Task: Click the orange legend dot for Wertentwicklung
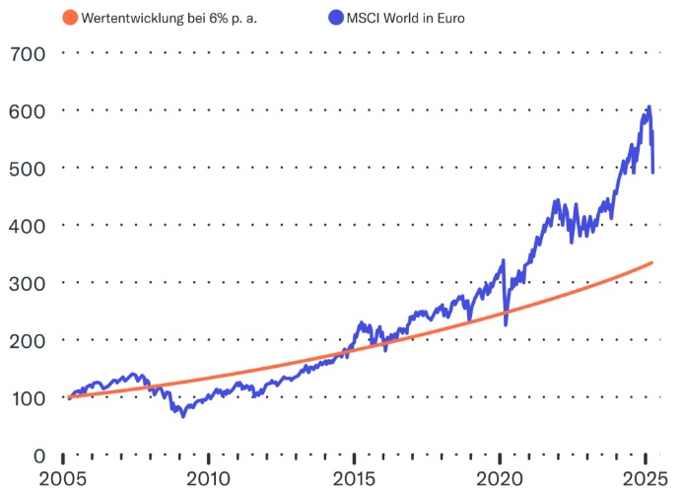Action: pos(69,18)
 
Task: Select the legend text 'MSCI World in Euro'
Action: pos(404,18)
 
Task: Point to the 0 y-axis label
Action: pos(37,456)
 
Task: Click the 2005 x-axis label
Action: pos(61,480)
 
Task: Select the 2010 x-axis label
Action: pos(208,480)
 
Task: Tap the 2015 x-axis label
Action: pos(354,480)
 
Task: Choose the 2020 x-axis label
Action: pos(500,480)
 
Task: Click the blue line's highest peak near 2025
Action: pos(648,106)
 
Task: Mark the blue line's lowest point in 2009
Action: pos(182,416)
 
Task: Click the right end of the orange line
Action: pos(652,262)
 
